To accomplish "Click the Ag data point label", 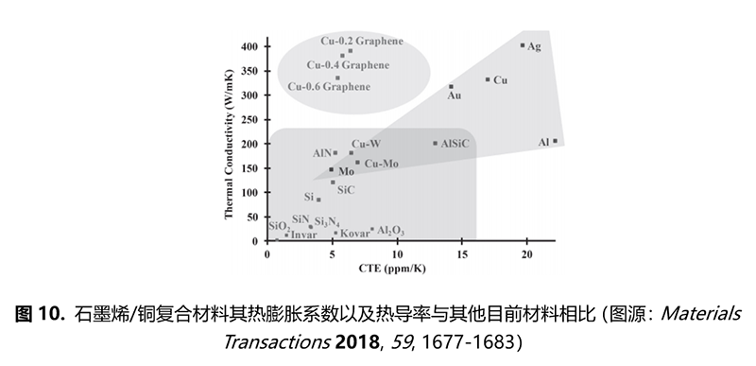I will click(534, 46).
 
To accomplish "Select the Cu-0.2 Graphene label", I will click(362, 41).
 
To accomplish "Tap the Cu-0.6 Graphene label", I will click(330, 87).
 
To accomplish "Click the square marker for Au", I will click(451, 87).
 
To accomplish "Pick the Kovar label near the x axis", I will click(354, 233).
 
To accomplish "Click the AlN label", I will click(321, 152).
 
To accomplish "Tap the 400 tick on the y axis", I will click(249, 46).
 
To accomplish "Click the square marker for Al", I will click(555, 142).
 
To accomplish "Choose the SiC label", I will click(345, 190).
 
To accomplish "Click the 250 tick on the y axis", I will click(249, 119).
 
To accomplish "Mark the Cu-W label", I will click(366, 144).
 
